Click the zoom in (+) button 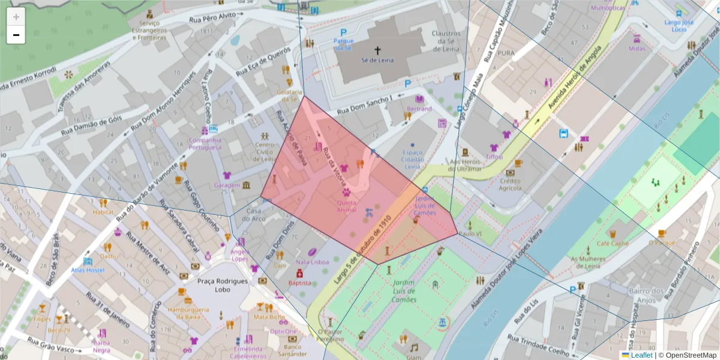pos(16,16)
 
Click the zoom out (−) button pos(16,35)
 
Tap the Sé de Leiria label pos(377,60)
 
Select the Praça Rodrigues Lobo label pos(223,285)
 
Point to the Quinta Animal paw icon pos(346,193)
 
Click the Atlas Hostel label pos(88,270)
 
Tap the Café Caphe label pos(612,244)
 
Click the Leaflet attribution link pos(641,355)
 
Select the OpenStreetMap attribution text pos(690,355)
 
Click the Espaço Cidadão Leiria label pos(412,160)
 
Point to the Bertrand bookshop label pos(419,109)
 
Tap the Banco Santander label pos(292,350)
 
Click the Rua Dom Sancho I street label pos(364,106)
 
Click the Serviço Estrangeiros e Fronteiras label pos(148,28)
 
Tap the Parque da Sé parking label pos(344,44)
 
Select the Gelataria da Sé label pos(289,95)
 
